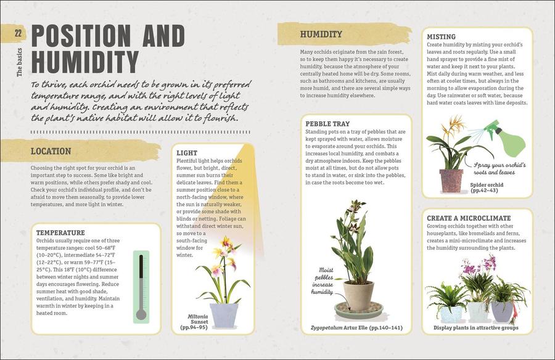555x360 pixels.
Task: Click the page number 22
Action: pyautogui.click(x=18, y=33)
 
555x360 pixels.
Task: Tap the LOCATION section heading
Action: pyautogui.click(x=51, y=151)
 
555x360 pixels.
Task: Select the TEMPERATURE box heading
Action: pyautogui.click(x=60, y=232)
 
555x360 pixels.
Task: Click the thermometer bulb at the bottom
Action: pyautogui.click(x=141, y=314)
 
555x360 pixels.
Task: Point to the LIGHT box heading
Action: pyautogui.click(x=187, y=153)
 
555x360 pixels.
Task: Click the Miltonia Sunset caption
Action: pyautogui.click(x=196, y=322)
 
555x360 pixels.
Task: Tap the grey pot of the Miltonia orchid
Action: pyautogui.click(x=224, y=314)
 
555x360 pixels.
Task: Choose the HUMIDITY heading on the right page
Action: pyautogui.click(x=321, y=34)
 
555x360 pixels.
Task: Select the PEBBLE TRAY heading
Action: pyautogui.click(x=327, y=124)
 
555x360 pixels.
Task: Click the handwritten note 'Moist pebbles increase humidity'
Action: pyautogui.click(x=323, y=280)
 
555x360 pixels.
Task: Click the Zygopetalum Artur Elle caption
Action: pyautogui.click(x=356, y=328)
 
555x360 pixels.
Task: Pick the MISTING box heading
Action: pyautogui.click(x=441, y=37)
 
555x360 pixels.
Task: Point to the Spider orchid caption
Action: pyautogui.click(x=487, y=187)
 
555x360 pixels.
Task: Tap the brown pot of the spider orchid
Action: pyautogui.click(x=451, y=181)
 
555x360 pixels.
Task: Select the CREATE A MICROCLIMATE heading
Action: pyautogui.click(x=469, y=218)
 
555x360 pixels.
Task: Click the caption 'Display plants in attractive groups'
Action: pyautogui.click(x=475, y=328)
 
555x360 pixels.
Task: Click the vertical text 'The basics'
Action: pyautogui.click(x=19, y=62)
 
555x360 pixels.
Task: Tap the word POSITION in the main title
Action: pyautogui.click(x=81, y=36)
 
